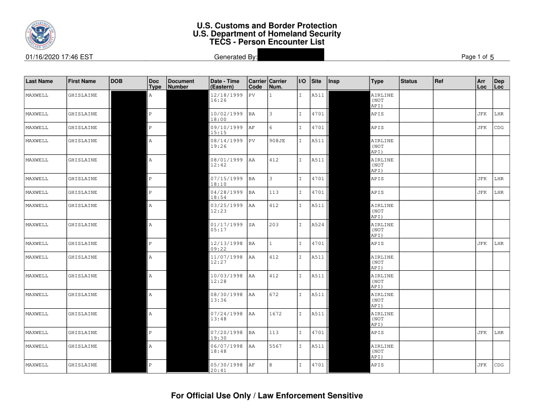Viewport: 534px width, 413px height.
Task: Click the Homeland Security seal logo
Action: (x=40, y=36)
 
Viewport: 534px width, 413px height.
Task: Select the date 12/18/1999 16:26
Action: (x=226, y=98)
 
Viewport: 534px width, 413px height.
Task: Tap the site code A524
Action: (x=317, y=225)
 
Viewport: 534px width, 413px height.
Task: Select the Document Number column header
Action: (x=181, y=84)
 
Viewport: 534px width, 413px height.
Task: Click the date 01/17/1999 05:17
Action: (x=226, y=227)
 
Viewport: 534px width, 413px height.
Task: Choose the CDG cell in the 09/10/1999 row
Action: (x=499, y=128)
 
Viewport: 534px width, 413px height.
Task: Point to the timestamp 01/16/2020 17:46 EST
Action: (x=59, y=57)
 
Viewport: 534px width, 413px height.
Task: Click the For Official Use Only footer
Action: (x=267, y=396)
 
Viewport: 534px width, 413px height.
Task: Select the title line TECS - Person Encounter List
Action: (x=267, y=42)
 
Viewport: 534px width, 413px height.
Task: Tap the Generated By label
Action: (x=236, y=57)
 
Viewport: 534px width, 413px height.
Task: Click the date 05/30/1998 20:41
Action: (x=226, y=367)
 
